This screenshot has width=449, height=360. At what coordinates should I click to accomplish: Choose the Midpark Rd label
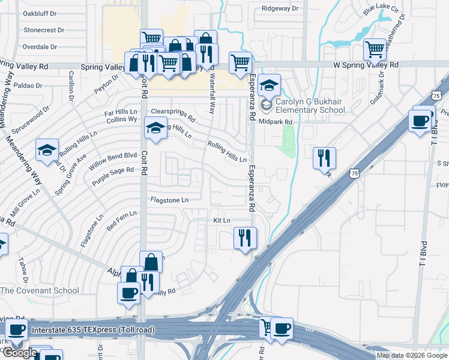(x=276, y=122)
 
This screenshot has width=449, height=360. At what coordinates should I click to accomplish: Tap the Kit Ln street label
(x=222, y=221)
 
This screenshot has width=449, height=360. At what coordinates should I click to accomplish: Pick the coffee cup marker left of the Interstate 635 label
(x=16, y=330)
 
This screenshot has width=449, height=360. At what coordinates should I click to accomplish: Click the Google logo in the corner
(x=20, y=353)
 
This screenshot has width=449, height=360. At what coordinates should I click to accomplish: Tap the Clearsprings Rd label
(x=173, y=114)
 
